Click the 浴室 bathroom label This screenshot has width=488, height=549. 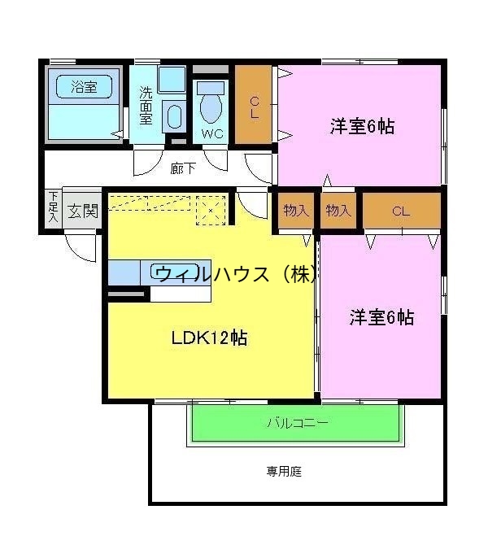click(83, 87)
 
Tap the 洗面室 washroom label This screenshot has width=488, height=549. click(145, 105)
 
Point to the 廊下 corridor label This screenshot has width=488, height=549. click(182, 169)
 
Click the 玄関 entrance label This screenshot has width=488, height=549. click(82, 211)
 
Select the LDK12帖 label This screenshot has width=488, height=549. click(209, 338)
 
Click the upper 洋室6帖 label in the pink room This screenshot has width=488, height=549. click(362, 126)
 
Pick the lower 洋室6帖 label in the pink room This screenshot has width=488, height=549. click(381, 317)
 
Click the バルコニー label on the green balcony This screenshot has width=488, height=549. click(297, 423)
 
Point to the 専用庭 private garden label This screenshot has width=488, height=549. click(284, 471)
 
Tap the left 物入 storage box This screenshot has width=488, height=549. click(296, 211)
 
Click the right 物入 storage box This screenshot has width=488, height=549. click(338, 211)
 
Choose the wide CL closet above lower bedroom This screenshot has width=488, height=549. click(400, 211)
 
